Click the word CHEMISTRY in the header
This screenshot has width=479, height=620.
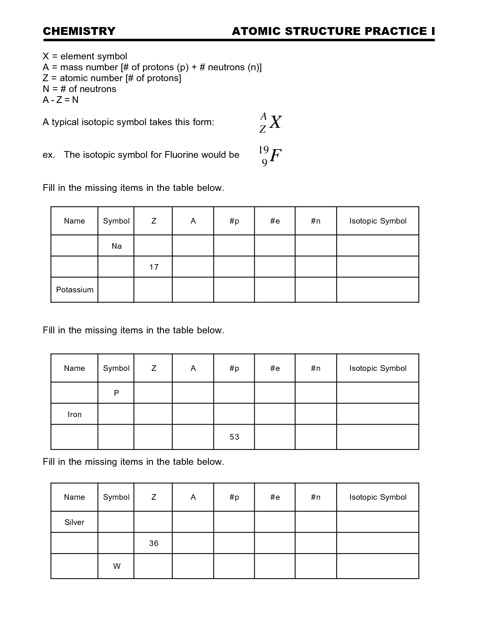tap(79, 31)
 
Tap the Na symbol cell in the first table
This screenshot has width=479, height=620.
tap(116, 246)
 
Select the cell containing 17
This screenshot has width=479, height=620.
tap(154, 267)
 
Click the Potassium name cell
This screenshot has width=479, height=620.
tap(74, 290)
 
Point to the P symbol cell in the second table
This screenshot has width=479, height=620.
tap(116, 393)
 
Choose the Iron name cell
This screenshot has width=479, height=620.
tap(74, 414)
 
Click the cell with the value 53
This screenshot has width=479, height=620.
tap(234, 437)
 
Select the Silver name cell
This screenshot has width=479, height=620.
tap(74, 522)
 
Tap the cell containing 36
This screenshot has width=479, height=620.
tap(154, 543)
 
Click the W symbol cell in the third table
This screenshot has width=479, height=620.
tap(116, 566)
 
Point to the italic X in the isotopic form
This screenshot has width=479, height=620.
tap(275, 122)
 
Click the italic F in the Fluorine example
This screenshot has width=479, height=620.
tap(275, 155)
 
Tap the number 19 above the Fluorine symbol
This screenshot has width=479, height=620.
tap(263, 150)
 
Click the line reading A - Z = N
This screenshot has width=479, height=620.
tap(60, 100)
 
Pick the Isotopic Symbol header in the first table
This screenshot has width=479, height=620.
tap(378, 221)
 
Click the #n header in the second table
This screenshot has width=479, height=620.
tap(316, 368)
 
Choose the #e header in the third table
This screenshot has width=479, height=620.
tap(275, 497)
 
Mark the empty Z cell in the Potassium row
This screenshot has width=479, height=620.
tap(153, 290)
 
